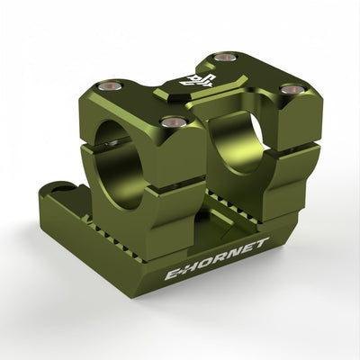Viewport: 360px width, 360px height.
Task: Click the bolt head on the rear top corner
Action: tap(226, 57)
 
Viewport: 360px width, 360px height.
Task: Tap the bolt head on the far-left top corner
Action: tap(111, 85)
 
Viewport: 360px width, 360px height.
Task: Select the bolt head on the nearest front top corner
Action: tap(174, 121)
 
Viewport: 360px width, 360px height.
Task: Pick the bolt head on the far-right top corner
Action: tap(292, 89)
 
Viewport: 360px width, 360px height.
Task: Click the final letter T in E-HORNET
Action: tap(261, 242)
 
